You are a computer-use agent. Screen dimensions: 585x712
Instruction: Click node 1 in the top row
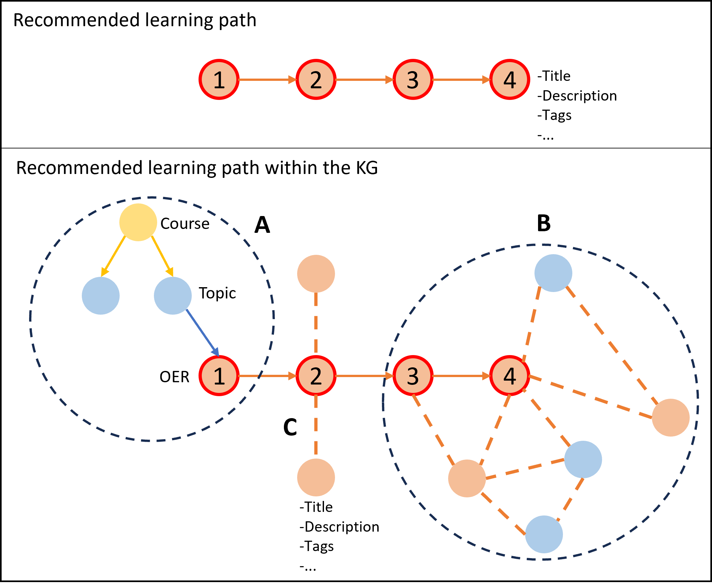[x=219, y=80]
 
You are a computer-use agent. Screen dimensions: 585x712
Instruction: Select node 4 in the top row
[x=510, y=80]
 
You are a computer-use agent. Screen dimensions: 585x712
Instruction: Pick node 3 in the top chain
[x=413, y=80]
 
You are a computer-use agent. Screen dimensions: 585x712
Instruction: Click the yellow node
[x=138, y=222]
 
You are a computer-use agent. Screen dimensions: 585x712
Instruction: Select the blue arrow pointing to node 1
[x=202, y=332]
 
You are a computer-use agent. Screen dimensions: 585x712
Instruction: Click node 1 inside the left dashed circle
[x=219, y=375]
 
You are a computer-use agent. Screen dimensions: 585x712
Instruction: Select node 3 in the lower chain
[x=413, y=375]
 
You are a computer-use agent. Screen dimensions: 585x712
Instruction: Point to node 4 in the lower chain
[x=510, y=375]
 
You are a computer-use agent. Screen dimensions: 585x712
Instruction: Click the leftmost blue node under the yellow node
[x=101, y=296]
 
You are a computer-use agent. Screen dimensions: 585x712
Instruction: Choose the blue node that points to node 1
[x=173, y=296]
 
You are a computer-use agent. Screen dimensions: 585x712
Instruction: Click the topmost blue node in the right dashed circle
[x=553, y=273]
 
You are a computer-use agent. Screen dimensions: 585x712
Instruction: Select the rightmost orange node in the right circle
[x=671, y=417]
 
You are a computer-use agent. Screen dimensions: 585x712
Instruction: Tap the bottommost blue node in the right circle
[x=544, y=534]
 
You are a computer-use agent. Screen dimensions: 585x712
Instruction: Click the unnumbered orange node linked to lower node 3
[x=467, y=479]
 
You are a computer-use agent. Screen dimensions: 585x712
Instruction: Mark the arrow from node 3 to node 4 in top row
[x=461, y=80]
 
